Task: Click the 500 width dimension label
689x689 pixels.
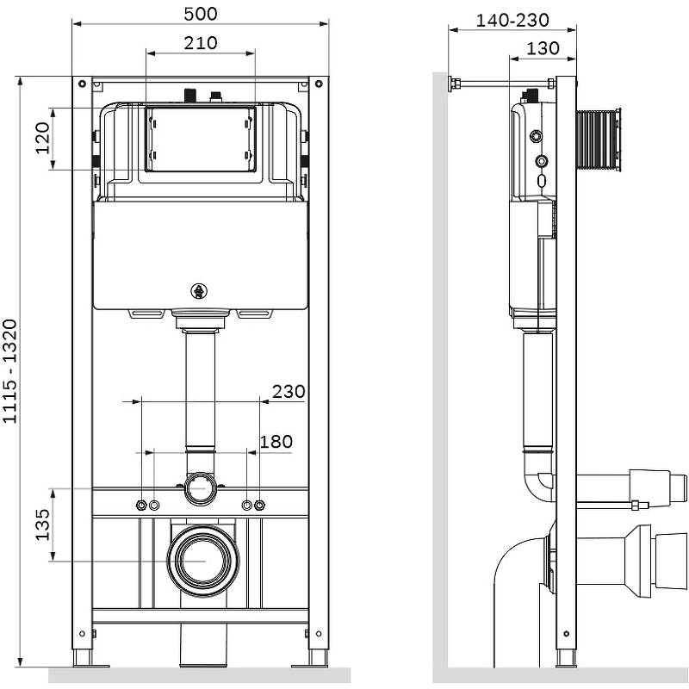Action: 201,13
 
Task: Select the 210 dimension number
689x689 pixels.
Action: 201,42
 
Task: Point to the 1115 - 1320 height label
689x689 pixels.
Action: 10,371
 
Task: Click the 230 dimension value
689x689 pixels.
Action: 289,391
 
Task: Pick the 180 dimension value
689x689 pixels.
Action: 276,442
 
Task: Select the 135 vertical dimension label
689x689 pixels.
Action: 42,525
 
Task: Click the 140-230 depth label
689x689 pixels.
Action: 512,20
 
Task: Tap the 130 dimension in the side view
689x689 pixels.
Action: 543,48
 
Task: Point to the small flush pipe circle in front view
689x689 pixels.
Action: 201,489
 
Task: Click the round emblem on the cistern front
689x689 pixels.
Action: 201,292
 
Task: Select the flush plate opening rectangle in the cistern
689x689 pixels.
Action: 201,139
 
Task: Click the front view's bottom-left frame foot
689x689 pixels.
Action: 84,656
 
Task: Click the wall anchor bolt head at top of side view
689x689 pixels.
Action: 450,84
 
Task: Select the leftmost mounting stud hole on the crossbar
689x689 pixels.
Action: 141,504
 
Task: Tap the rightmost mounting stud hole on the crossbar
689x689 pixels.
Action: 260,504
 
